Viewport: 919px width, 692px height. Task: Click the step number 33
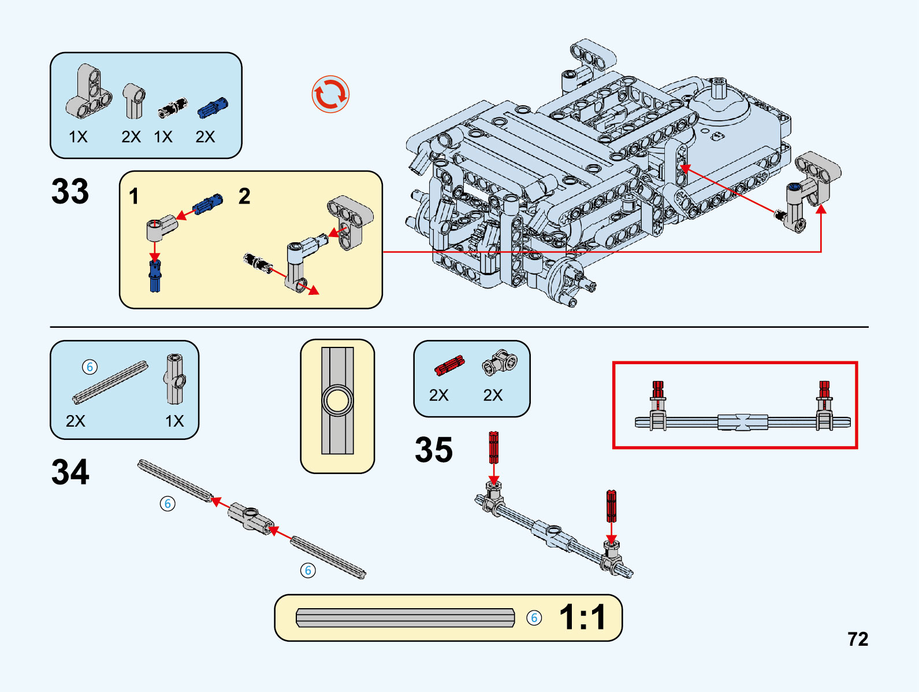click(70, 191)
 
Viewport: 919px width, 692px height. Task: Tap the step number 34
click(70, 472)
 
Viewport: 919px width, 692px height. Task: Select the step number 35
click(433, 450)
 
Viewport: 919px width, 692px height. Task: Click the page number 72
click(858, 639)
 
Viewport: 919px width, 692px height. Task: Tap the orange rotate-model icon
click(330, 94)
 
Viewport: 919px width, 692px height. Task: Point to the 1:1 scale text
click(582, 617)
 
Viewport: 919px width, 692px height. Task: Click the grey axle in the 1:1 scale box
click(405, 617)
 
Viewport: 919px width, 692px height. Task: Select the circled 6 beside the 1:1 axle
click(534, 618)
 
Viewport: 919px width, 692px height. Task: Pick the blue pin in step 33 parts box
click(213, 108)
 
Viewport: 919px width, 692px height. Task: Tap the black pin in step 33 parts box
click(173, 108)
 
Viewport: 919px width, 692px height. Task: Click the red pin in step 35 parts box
click(449, 366)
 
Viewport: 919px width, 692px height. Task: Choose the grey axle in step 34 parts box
click(110, 383)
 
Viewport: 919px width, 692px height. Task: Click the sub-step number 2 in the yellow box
click(244, 197)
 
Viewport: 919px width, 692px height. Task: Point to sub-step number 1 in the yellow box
click(134, 197)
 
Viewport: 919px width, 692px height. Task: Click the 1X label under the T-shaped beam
click(78, 137)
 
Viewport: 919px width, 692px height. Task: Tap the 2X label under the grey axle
click(75, 421)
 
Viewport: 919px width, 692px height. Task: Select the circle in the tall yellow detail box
click(337, 401)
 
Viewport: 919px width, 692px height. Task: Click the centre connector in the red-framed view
click(742, 422)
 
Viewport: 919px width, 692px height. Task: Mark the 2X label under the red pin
click(438, 395)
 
